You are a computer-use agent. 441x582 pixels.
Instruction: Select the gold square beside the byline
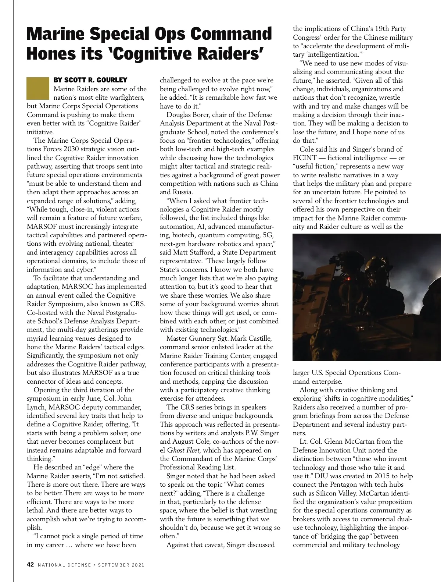tap(37, 88)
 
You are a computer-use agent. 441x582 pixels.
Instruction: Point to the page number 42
tap(31, 565)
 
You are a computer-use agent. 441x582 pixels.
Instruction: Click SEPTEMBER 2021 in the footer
tap(121, 565)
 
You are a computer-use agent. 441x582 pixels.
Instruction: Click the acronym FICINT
tap(305, 158)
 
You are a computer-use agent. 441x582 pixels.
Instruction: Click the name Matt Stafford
tap(193, 252)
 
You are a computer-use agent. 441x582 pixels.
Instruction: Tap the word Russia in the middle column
tap(181, 192)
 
